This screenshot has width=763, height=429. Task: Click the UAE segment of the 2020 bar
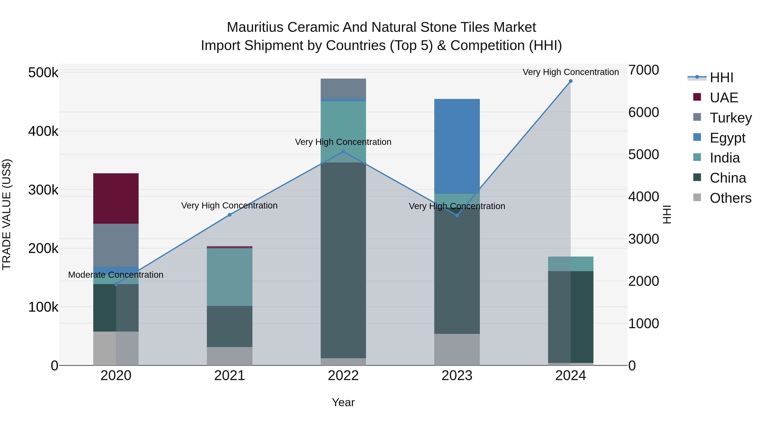point(116,198)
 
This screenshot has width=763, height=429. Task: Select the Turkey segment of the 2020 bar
point(116,245)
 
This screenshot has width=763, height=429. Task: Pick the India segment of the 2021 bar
point(230,277)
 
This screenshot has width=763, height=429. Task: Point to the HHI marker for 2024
point(571,81)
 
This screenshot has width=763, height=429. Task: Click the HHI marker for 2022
point(343,152)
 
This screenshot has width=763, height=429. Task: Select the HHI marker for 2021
point(230,215)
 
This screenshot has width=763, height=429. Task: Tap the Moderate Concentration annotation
point(116,275)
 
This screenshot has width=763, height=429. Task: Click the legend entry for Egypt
point(727,138)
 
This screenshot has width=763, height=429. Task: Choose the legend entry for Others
point(730,198)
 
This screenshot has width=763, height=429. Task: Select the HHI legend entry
point(721,78)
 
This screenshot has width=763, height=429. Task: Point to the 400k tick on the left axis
point(43,131)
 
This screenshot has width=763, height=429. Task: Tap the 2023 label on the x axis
point(457,376)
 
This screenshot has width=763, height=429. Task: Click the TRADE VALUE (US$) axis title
point(7,214)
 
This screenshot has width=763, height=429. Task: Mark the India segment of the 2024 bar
point(571,264)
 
